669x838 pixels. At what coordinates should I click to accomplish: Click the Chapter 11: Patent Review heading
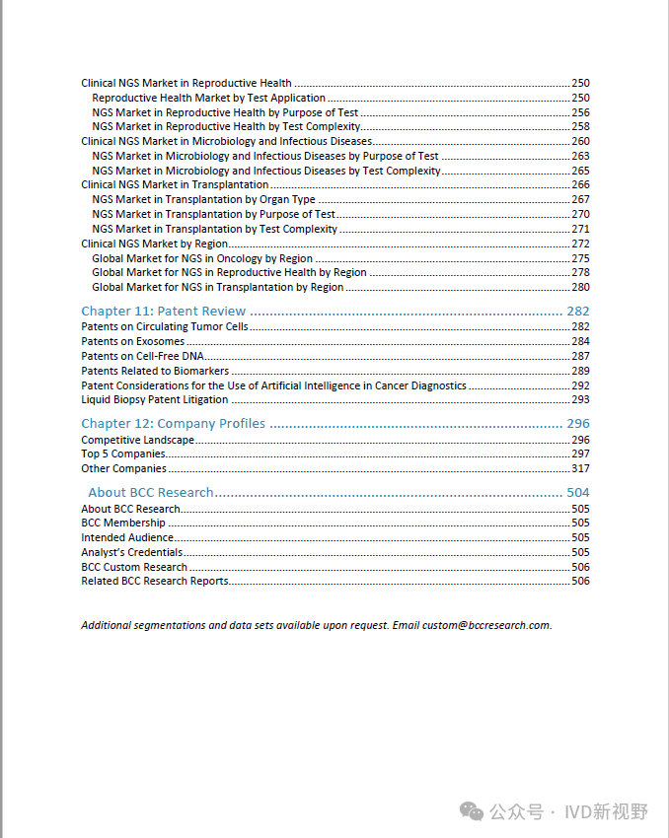tap(163, 312)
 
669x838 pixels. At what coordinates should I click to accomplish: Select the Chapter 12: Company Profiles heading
tap(173, 424)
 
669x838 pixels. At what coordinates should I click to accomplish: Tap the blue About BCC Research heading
tap(151, 492)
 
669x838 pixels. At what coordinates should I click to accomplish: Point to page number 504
tap(578, 492)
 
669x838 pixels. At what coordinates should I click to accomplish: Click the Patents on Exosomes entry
tap(132, 341)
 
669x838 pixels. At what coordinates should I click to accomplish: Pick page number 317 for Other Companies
tap(580, 469)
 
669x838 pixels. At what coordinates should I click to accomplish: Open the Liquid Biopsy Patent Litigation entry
tap(154, 400)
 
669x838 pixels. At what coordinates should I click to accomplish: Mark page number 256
tap(580, 112)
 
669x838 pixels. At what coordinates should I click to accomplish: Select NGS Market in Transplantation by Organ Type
tap(203, 200)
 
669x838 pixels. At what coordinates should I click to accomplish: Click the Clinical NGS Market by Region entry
tap(154, 244)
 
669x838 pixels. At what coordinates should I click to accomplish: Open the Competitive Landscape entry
tap(137, 440)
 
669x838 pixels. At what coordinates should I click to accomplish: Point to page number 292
tap(580, 385)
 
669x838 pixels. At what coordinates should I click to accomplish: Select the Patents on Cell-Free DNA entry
tap(142, 356)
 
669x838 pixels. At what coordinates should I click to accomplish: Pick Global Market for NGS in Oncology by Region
tap(202, 258)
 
